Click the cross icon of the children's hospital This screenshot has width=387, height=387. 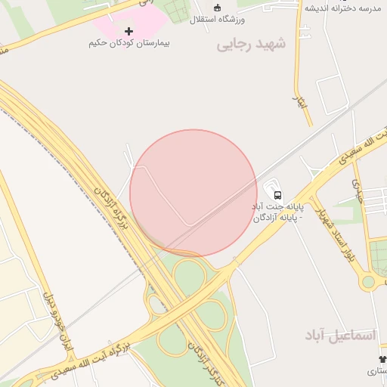pyautogui.click(x=128, y=31)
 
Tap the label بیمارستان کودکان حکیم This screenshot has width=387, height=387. pyautogui.click(x=128, y=43)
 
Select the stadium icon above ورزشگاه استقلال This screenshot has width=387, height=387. pyautogui.click(x=218, y=7)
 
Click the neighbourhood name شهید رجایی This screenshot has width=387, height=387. pyautogui.click(x=252, y=45)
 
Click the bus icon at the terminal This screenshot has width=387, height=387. pyautogui.click(x=277, y=193)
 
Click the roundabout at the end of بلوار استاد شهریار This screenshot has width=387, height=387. pyautogui.click(x=368, y=282)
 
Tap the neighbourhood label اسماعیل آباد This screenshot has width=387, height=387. pyautogui.click(x=340, y=334)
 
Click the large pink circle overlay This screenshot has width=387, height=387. pyautogui.click(x=193, y=193)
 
